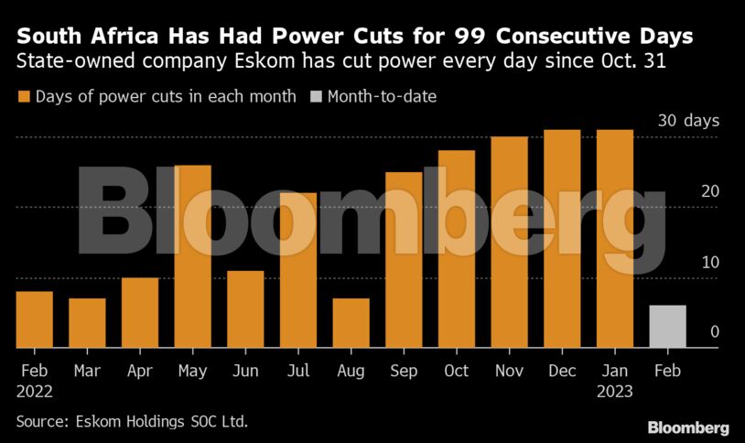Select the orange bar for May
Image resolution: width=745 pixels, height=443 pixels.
[x=192, y=256]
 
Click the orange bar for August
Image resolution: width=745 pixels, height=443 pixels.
[x=351, y=323]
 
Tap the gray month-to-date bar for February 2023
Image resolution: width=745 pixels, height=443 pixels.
[x=667, y=327]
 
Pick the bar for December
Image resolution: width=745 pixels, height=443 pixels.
[x=562, y=239]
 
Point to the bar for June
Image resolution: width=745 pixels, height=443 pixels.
[x=245, y=309]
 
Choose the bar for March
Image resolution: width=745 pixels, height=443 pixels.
[x=87, y=323]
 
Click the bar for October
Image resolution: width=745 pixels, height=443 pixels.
[x=456, y=249]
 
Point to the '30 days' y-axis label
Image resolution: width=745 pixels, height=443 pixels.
[x=688, y=121]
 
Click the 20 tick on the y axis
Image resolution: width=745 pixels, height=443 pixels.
[x=710, y=191]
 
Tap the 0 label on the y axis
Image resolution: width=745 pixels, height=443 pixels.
[x=715, y=332]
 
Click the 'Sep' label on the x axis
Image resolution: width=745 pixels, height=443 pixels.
[x=404, y=371]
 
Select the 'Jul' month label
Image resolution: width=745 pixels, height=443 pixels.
[x=297, y=371]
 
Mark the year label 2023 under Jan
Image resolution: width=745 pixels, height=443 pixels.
[x=615, y=391]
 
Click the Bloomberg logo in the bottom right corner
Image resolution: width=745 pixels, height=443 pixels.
[x=687, y=427]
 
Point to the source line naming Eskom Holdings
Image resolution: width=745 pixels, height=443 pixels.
[x=133, y=422]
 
